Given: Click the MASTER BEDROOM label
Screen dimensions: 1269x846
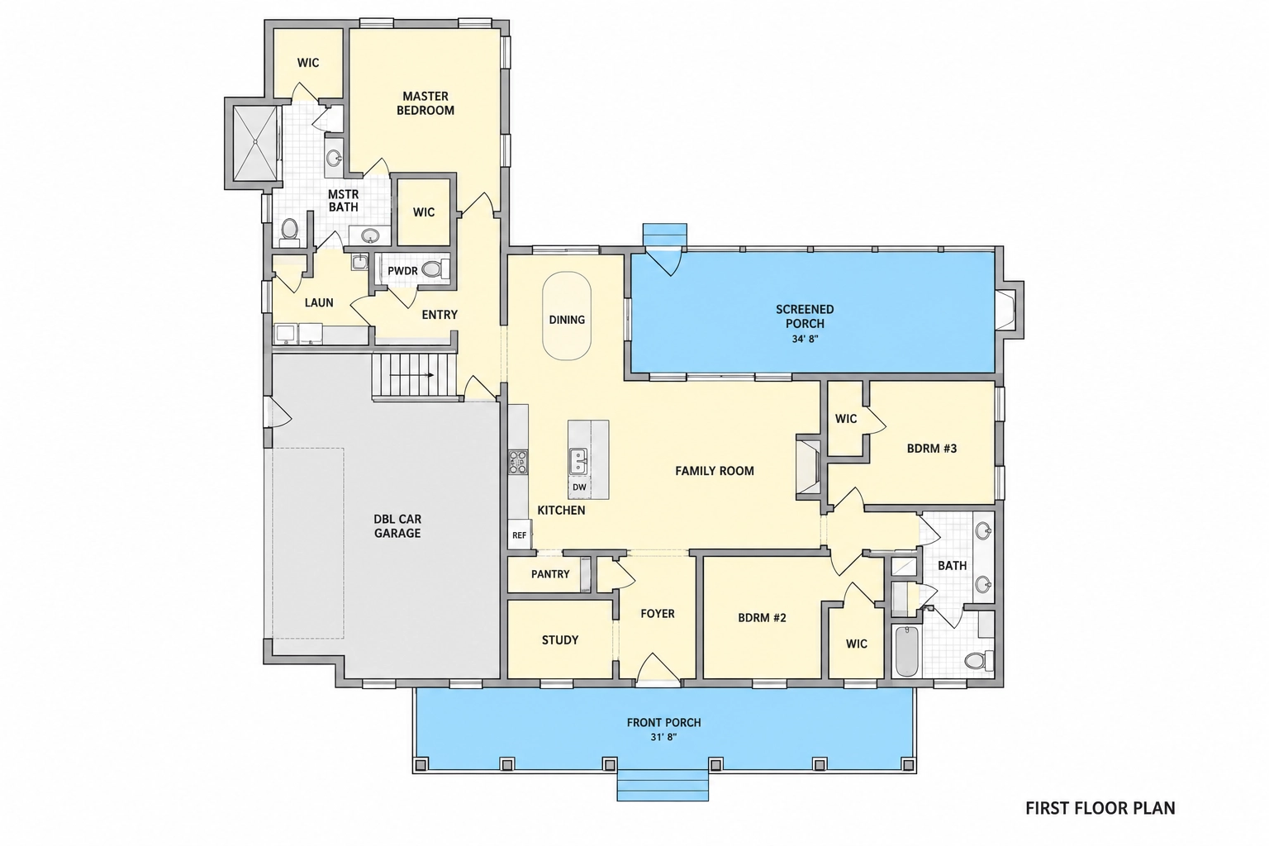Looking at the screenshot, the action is coord(425,103).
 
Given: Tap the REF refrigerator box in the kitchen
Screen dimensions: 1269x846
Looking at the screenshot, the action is coord(519,535).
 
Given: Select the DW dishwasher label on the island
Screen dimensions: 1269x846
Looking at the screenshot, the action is coord(579,487).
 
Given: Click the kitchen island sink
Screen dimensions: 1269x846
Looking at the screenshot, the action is coord(577,461).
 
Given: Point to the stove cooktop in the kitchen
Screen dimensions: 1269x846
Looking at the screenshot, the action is coord(518,461).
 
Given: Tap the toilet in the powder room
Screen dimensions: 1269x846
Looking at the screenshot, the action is coord(435,269).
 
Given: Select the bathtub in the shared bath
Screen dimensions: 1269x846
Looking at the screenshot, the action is coord(907,651).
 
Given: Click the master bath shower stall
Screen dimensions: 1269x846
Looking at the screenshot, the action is coord(256,143).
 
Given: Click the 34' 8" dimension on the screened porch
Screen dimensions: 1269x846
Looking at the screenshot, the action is coord(805,340).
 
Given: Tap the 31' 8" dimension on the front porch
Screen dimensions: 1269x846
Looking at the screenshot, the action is coord(664,737).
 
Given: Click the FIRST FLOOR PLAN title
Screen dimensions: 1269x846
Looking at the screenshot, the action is coord(1100,808).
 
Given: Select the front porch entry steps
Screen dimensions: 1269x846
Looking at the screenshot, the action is coord(663,786).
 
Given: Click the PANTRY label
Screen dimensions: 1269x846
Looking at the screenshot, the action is coord(550,574).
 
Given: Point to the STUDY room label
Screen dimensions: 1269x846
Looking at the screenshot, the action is coord(559,639).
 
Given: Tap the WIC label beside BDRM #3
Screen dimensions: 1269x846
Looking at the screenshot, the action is coord(846,419).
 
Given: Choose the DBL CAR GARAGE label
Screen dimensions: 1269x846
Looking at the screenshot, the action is coord(397,525).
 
